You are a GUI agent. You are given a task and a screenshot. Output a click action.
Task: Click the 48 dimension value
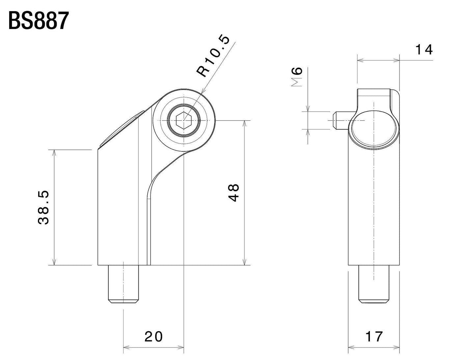coord(234,193)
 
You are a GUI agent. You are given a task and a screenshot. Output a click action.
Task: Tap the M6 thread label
coord(297,77)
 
